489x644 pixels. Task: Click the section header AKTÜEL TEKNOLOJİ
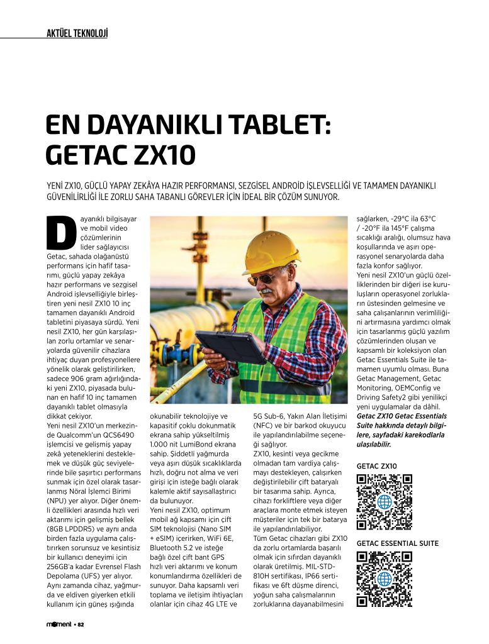pos(77,33)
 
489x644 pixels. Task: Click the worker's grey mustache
pos(267,292)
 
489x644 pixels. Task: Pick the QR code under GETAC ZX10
pos(384,502)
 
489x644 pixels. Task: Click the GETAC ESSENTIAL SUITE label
pos(397,543)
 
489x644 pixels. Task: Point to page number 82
pos(80,625)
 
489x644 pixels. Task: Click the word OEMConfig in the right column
pos(408,388)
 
